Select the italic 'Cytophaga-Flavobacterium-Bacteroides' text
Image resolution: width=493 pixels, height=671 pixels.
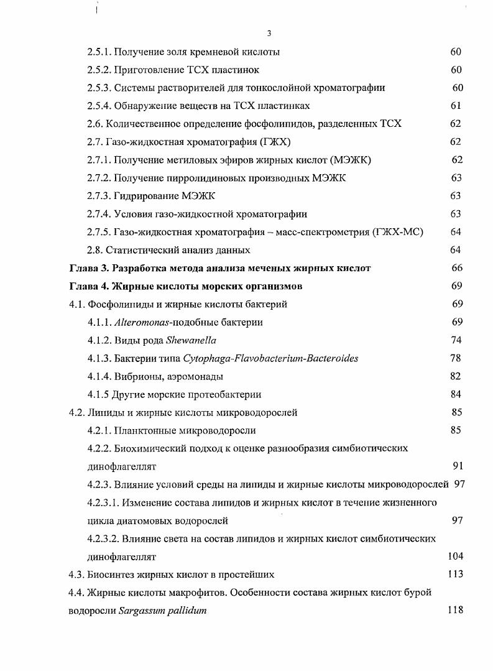click(270, 358)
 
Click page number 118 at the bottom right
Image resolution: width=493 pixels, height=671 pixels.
click(455, 610)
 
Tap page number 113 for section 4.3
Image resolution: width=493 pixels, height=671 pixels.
click(455, 574)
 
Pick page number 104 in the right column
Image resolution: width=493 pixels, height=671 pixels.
click(455, 556)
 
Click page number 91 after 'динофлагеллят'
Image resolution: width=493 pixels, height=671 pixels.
click(458, 466)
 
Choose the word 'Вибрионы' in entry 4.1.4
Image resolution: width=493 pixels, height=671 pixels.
click(136, 376)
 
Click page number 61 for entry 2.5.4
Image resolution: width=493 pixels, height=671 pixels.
click(456, 106)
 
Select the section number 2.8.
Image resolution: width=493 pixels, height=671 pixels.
click(95, 250)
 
